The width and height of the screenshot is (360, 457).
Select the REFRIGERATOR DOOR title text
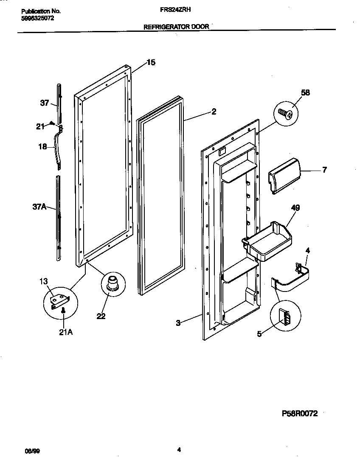(176, 26)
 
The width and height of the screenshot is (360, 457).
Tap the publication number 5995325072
(37, 18)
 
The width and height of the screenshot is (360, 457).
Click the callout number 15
(151, 62)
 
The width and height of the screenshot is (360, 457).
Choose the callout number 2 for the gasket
(214, 112)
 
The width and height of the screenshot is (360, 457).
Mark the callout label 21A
(65, 332)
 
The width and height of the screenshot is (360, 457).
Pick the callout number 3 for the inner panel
(179, 323)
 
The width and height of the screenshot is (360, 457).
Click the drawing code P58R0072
(299, 413)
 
